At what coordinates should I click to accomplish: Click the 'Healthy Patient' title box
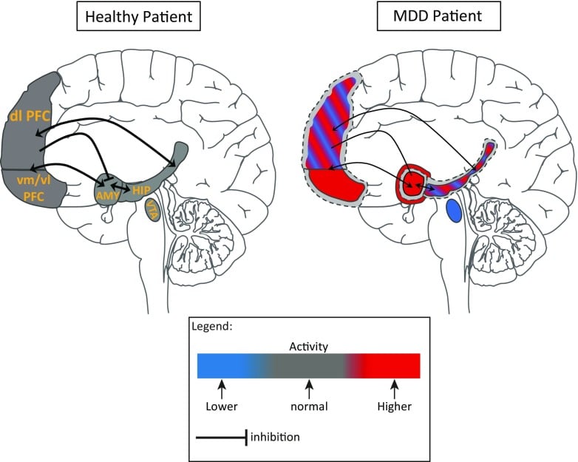click(140, 16)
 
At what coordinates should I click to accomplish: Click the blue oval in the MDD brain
click(454, 212)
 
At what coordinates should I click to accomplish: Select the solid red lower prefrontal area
click(336, 185)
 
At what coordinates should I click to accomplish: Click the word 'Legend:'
click(213, 327)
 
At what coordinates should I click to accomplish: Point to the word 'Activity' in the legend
click(308, 345)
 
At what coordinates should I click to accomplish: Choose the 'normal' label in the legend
click(309, 405)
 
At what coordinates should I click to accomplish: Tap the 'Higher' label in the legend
click(394, 405)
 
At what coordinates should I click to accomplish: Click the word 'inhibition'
click(274, 437)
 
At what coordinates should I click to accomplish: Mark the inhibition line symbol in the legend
click(221, 437)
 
